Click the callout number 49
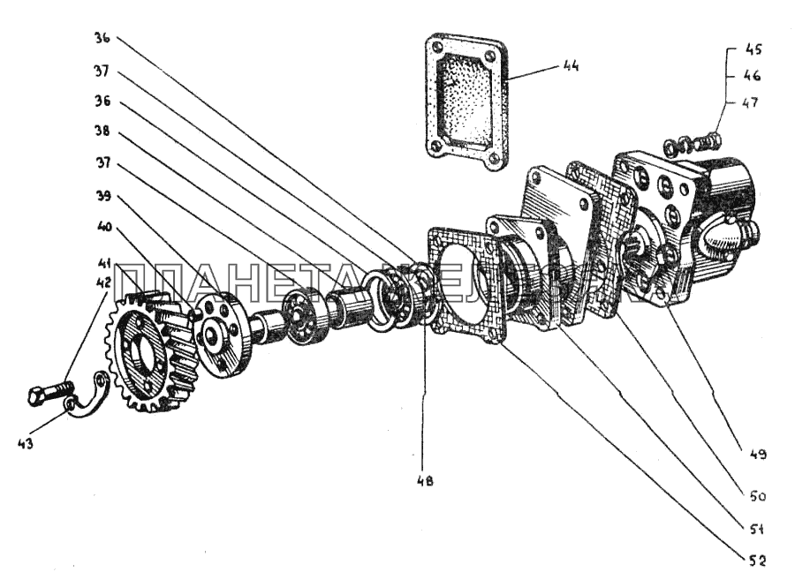pyautogui.click(x=757, y=455)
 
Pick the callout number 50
pyautogui.click(x=757, y=496)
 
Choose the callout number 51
pyautogui.click(x=757, y=530)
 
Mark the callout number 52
pyautogui.click(x=757, y=561)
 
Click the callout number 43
pyautogui.click(x=26, y=444)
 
